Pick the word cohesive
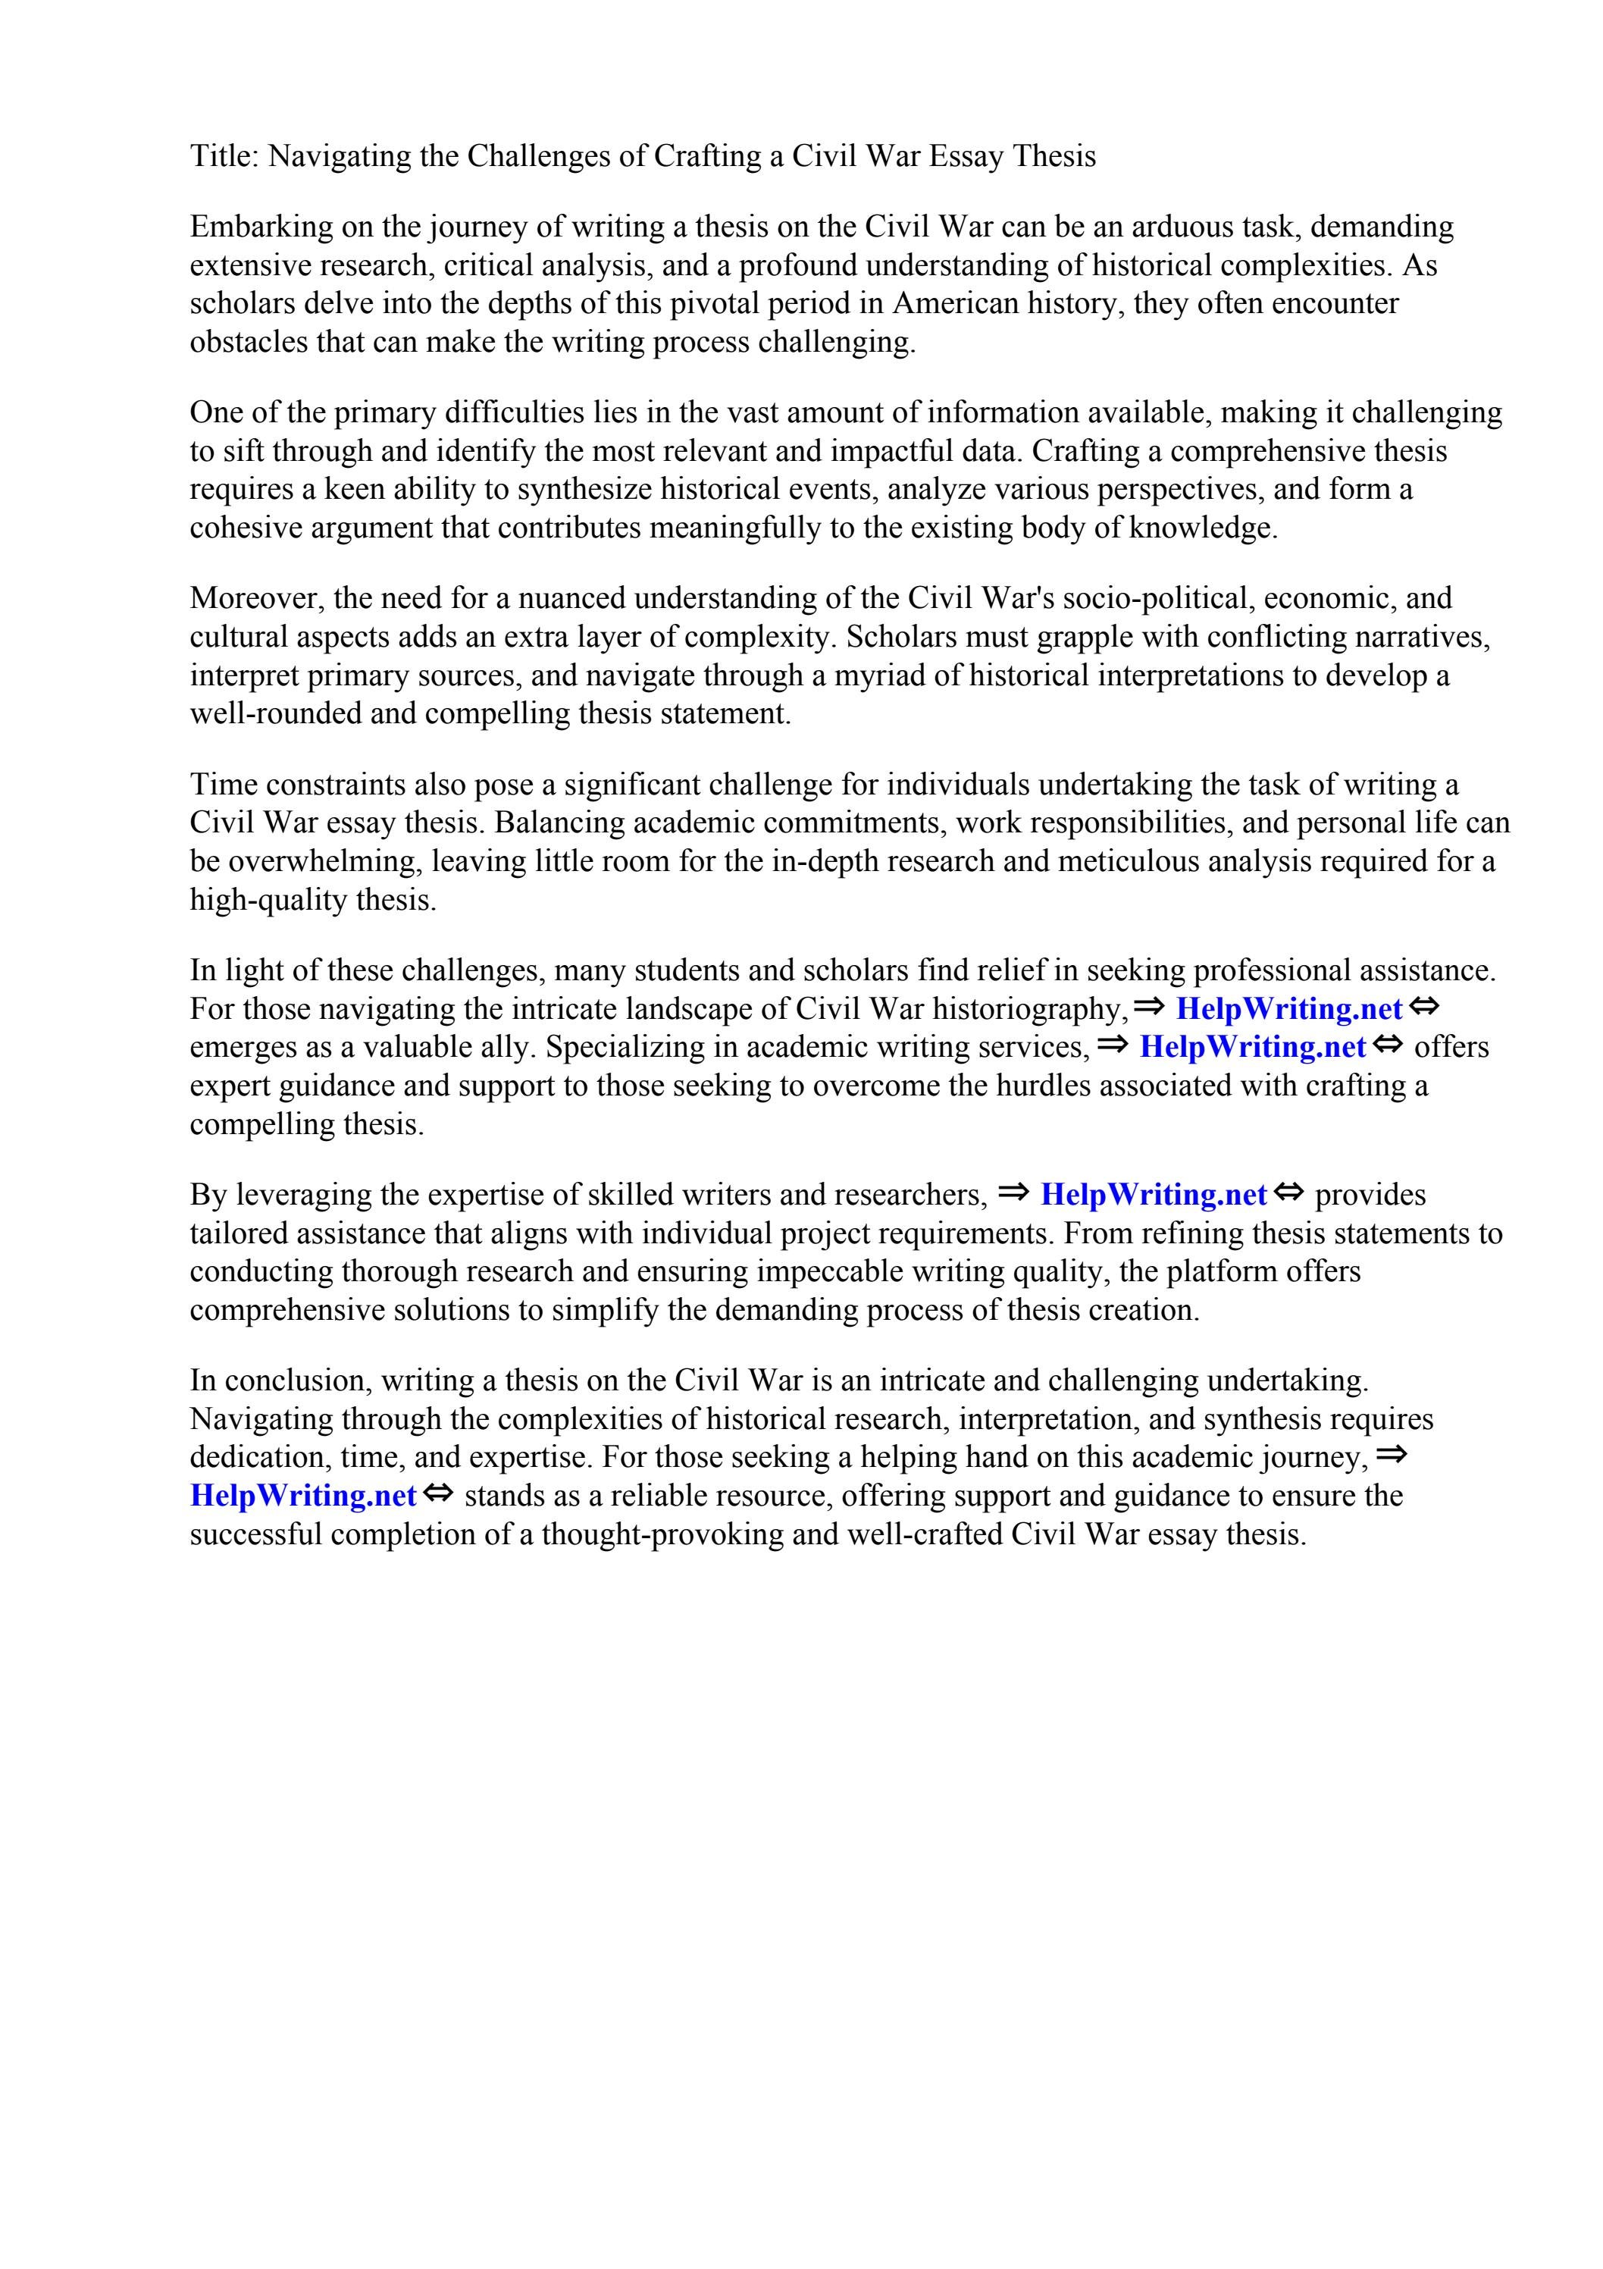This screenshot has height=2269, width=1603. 246,528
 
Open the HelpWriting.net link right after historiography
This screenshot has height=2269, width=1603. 1288,1009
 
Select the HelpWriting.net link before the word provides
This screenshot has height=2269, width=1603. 1154,1195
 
